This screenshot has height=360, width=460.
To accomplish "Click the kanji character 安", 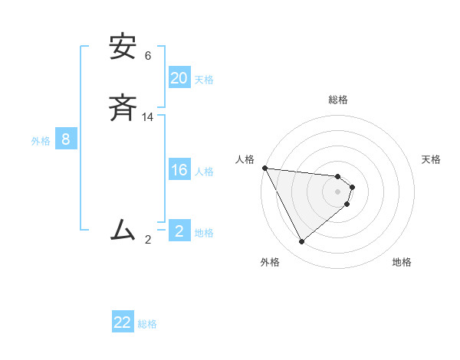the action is pos(123,48).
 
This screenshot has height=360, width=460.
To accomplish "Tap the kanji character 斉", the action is pos(123,110).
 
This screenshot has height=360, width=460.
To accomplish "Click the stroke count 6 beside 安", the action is pos(148,56).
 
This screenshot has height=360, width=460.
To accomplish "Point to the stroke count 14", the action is pos(148,117).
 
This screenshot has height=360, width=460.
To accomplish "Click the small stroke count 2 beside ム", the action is pos(148,239).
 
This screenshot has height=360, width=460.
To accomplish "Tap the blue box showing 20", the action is pos(179,78).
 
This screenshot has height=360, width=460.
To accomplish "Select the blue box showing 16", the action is pos(179,170).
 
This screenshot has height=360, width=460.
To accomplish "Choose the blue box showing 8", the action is pos(66,139).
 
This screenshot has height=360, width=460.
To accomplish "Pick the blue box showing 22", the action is pos(123,322).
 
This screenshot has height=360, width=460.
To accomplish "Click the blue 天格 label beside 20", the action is pos(204,80).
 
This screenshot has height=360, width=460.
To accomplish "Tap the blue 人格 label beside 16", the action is pos(204,172).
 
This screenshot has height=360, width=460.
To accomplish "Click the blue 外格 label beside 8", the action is pos(40,141).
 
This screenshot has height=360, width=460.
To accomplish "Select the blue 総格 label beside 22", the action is pos(147,324).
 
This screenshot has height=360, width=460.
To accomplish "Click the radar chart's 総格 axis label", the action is pos(338,100).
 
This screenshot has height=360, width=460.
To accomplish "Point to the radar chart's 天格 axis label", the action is pos(431,159).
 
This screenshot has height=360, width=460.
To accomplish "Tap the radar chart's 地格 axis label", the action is pos(402,262).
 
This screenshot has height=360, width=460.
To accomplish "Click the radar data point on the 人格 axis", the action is pos(264,168).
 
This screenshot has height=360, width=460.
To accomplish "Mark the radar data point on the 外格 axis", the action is pos(301,242).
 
